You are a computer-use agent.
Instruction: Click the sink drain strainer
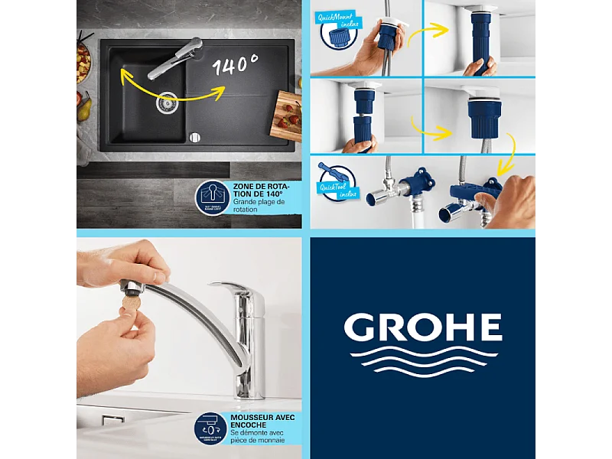click(x=167, y=103)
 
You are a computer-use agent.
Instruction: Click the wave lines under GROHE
click(x=422, y=361)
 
